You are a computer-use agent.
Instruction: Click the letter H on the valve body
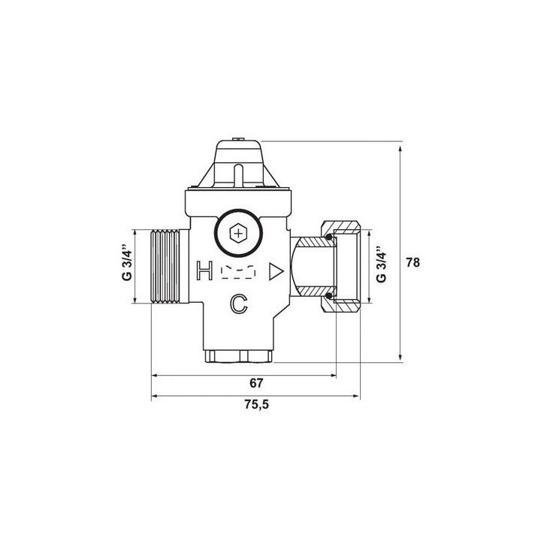(x=204, y=270)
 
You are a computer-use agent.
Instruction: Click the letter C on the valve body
(x=239, y=304)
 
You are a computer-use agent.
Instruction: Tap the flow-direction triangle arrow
(x=276, y=271)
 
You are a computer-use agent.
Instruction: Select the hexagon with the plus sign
(x=238, y=234)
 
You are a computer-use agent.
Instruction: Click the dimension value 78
(x=413, y=262)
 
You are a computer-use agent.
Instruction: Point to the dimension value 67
(x=256, y=383)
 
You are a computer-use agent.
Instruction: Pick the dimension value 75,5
(x=256, y=404)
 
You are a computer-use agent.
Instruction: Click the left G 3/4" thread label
(x=127, y=263)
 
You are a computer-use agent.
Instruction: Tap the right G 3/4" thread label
(x=381, y=264)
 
